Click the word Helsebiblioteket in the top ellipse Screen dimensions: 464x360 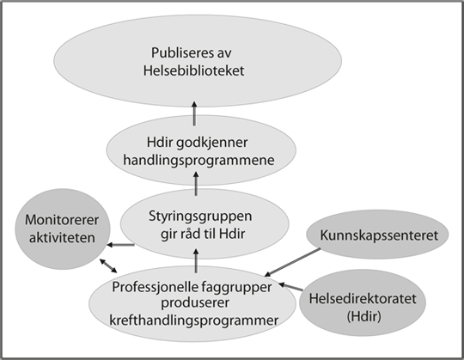(194, 71)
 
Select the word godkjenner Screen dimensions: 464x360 (211, 143)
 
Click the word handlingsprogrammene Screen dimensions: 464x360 (198, 161)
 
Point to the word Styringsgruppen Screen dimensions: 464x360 (200, 217)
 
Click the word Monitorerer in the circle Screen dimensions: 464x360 (62, 220)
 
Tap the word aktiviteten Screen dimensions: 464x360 (62, 238)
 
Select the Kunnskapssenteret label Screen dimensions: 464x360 (379, 235)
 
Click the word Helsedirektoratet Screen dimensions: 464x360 (363, 298)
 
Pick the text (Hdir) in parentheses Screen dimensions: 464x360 (364, 316)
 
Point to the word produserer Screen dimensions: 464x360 (195, 303)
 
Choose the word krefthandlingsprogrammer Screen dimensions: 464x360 (194, 320)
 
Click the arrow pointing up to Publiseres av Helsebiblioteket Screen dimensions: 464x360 (194, 113)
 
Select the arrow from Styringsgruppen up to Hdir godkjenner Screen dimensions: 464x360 (196, 184)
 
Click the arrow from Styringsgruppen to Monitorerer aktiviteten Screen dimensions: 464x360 (121, 245)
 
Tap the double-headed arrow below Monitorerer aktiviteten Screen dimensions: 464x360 (108, 265)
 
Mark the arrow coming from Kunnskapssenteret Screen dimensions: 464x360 (292, 262)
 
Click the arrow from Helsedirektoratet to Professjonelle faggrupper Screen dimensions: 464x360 (291, 286)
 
